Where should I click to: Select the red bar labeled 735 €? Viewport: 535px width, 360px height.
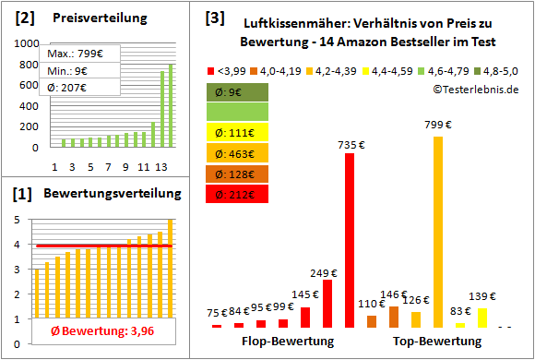coord(350,240)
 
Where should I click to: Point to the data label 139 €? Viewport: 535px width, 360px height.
coord(481,295)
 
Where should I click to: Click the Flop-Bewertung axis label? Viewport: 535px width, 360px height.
coord(287,341)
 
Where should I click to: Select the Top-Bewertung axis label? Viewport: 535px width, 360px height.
coord(437,341)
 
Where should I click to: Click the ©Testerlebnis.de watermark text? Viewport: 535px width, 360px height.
coord(475,89)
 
